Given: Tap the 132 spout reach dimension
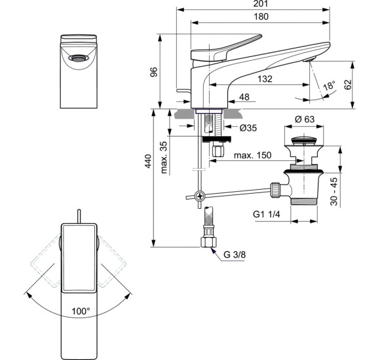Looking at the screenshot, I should point(264,79).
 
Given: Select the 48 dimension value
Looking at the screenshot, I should point(245,98).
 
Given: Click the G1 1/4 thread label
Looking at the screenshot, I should point(267,214).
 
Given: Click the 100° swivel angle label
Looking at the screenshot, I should point(81,312).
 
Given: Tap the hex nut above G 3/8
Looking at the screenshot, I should point(209,242).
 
